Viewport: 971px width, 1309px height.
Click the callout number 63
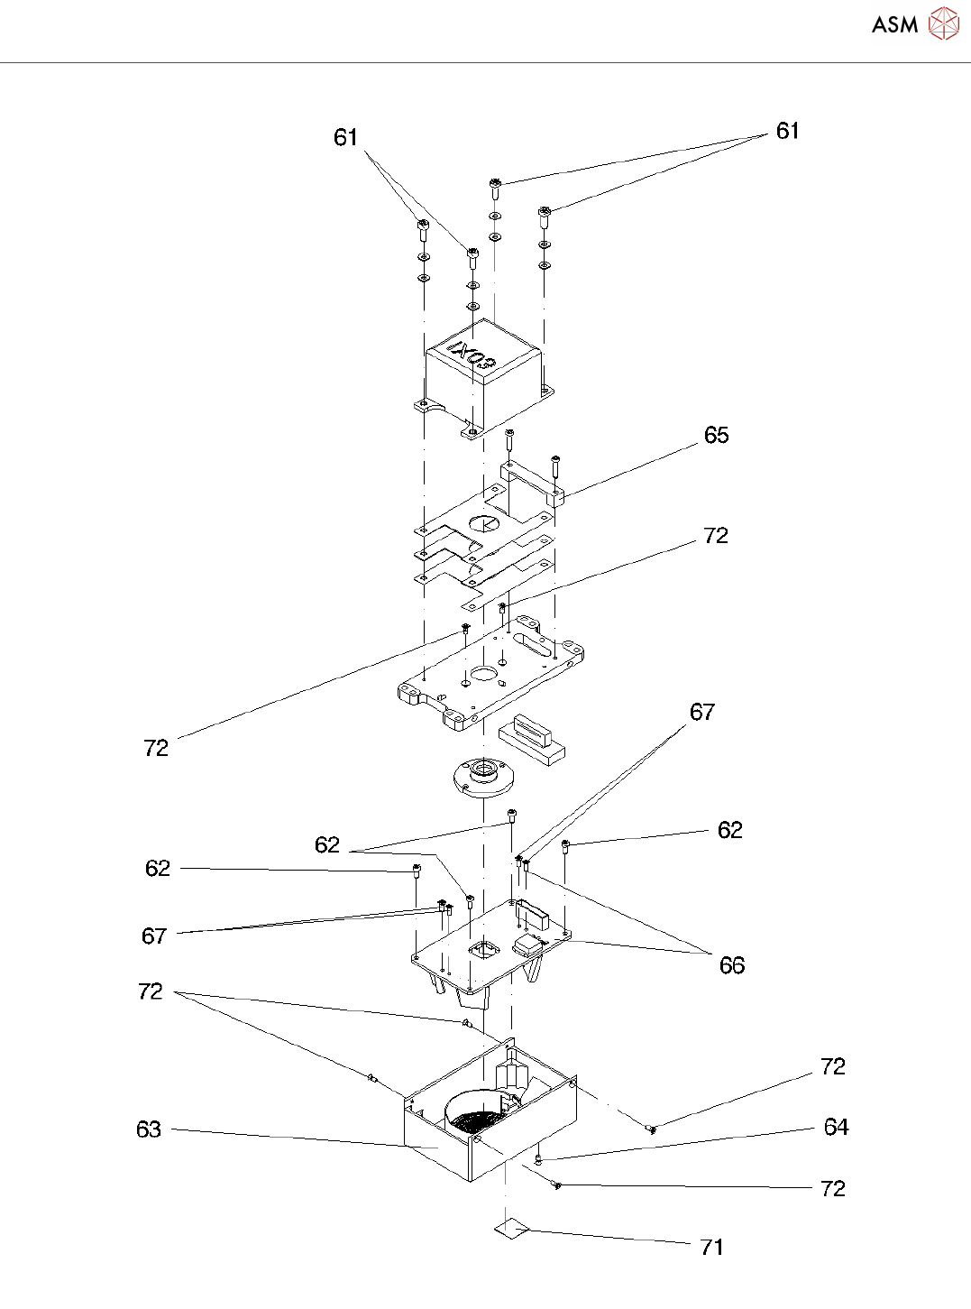[149, 1129]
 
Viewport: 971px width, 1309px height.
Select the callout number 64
[836, 1127]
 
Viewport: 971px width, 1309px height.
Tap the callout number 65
[716, 435]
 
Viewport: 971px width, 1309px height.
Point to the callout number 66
[731, 965]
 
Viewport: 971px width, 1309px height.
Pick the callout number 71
[711, 1247]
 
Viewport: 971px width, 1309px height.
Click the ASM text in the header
[894, 24]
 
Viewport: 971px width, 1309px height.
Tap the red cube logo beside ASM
[943, 23]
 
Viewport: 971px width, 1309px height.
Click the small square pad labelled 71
[511, 1229]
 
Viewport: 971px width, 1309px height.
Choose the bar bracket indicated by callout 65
[531, 481]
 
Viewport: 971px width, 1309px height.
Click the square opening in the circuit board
[484, 948]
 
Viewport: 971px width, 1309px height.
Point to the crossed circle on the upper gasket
[484, 523]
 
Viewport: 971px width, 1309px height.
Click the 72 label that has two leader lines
[151, 991]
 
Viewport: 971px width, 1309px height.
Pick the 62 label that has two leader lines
[327, 844]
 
